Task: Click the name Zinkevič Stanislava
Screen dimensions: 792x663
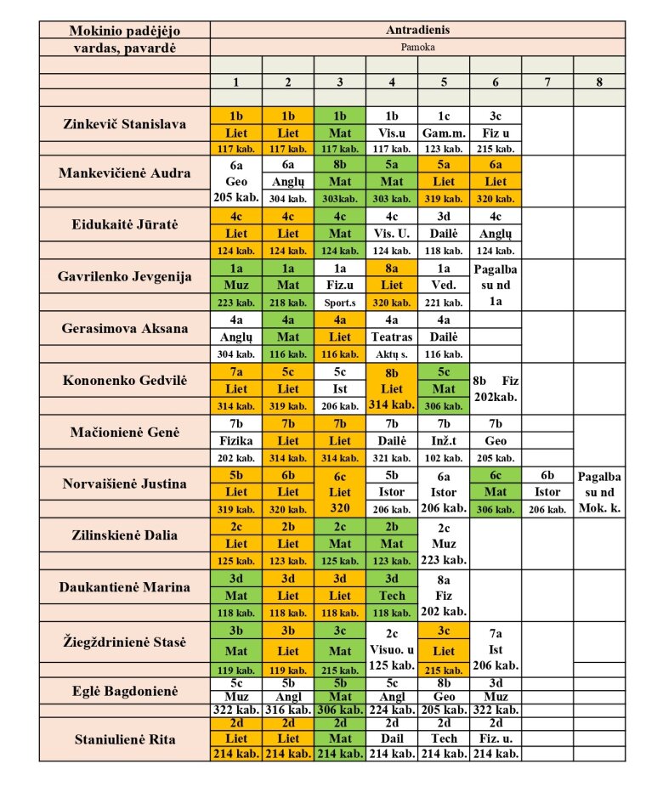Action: pyautogui.click(x=125, y=124)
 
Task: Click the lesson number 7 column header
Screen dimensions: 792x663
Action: pyautogui.click(x=547, y=82)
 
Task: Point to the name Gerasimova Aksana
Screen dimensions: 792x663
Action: pyautogui.click(x=125, y=328)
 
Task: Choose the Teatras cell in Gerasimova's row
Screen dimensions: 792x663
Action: pyautogui.click(x=392, y=337)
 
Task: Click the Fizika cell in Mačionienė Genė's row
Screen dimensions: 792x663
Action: pyautogui.click(x=236, y=441)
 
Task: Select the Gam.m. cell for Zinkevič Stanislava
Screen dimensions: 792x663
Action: pyautogui.click(x=444, y=133)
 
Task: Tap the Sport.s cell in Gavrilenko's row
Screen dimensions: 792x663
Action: pyautogui.click(x=340, y=303)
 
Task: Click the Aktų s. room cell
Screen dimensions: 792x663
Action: pyautogui.click(x=392, y=354)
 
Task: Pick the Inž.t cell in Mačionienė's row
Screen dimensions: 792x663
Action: pyautogui.click(x=444, y=441)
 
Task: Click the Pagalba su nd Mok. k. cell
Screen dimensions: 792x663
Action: pyautogui.click(x=599, y=492)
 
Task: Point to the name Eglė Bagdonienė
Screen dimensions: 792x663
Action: pyautogui.click(x=125, y=691)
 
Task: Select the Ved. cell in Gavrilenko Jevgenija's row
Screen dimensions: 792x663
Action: pyautogui.click(x=444, y=285)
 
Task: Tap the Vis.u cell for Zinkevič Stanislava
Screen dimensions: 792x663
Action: pyautogui.click(x=392, y=133)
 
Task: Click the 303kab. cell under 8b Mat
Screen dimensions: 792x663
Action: pyautogui.click(x=340, y=199)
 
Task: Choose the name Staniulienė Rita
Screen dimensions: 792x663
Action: pyautogui.click(x=125, y=739)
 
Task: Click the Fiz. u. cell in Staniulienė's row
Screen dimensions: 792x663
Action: pyautogui.click(x=496, y=739)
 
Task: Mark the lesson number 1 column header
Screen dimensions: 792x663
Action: pyautogui.click(x=236, y=82)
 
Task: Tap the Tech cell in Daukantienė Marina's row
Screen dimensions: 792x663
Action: pyautogui.click(x=392, y=596)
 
